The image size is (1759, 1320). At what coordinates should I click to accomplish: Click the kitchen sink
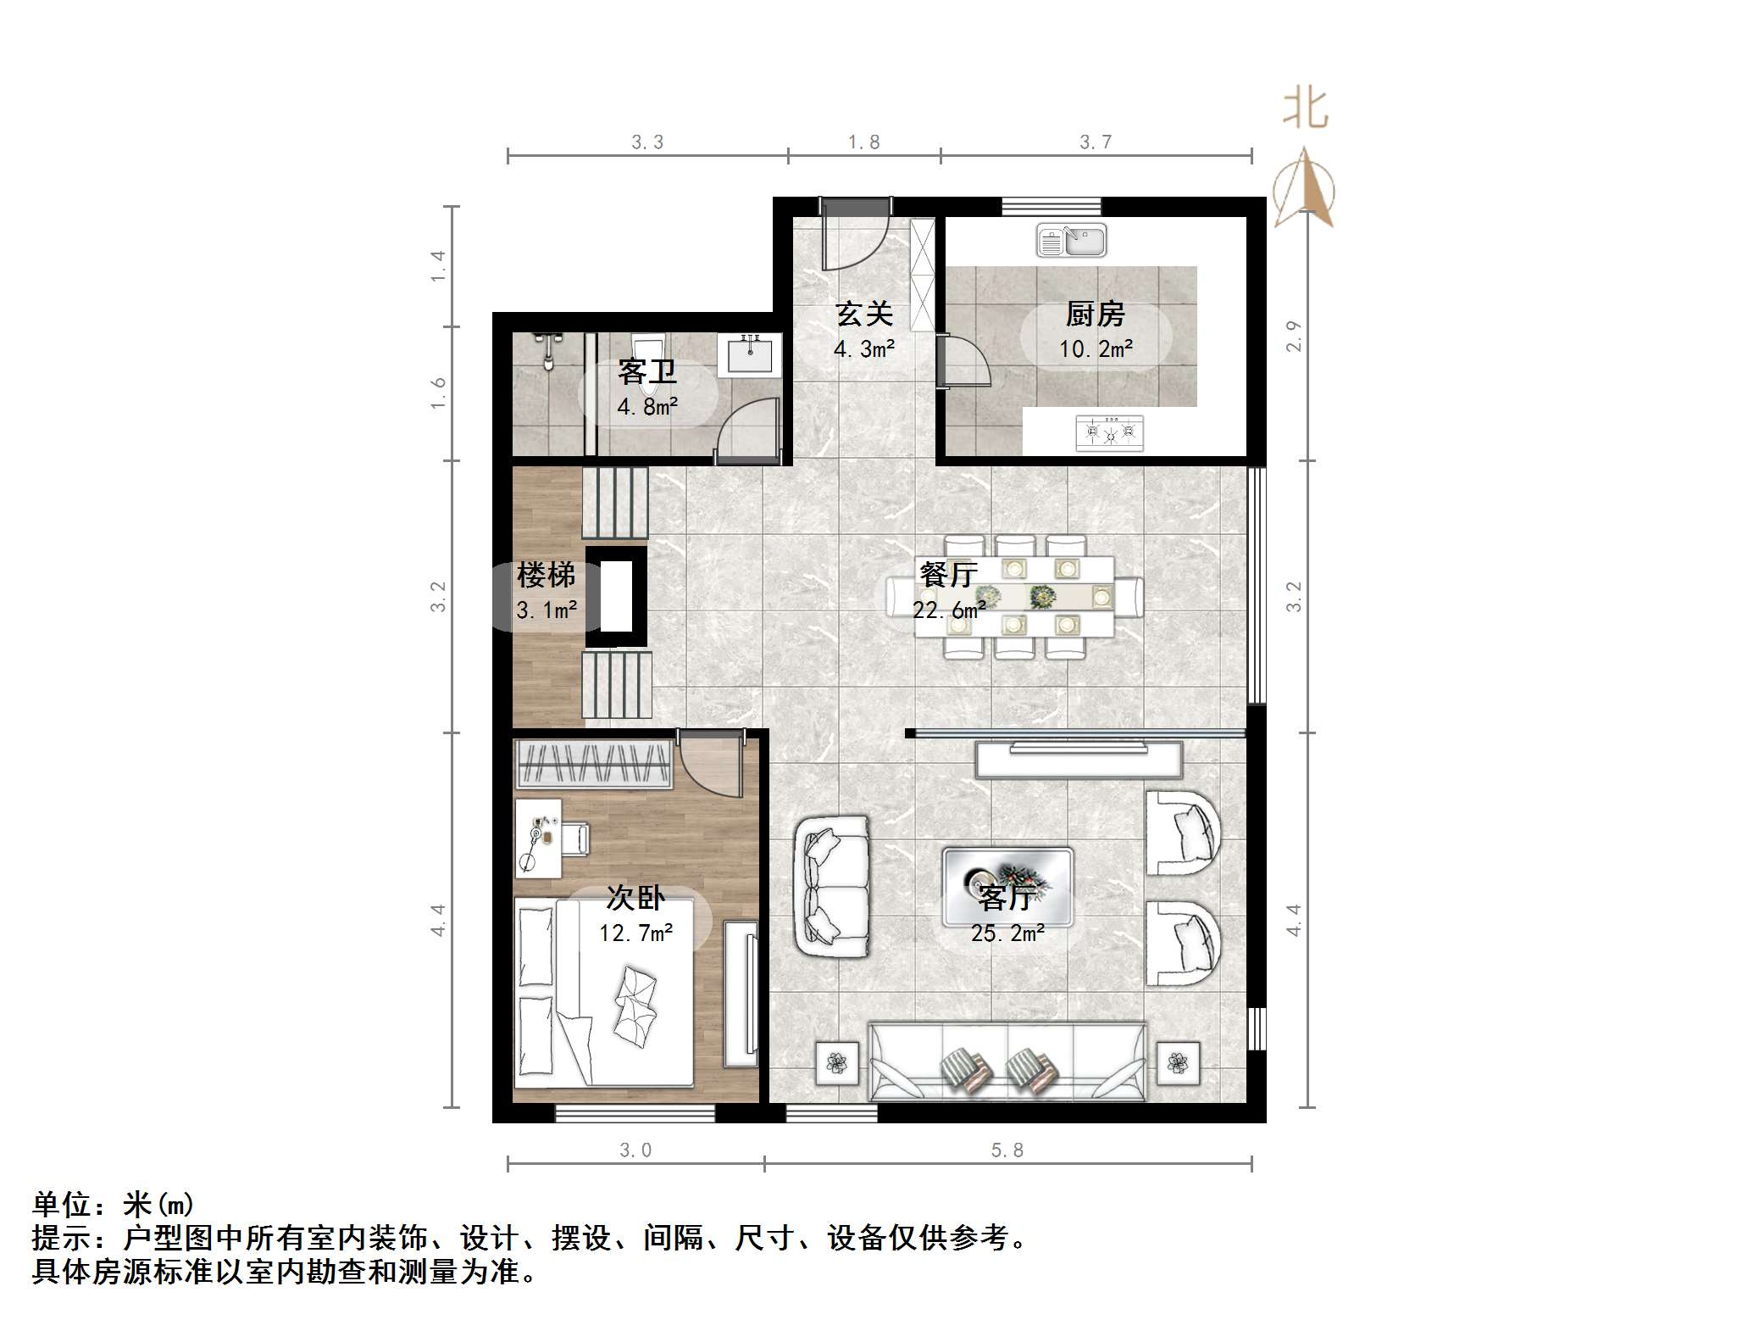pyautogui.click(x=1071, y=240)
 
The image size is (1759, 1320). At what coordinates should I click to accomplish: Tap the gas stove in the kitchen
pyautogui.click(x=1109, y=433)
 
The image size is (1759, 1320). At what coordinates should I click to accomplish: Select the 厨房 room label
pyautogui.click(x=1095, y=315)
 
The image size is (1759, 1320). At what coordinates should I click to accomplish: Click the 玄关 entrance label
pyautogui.click(x=864, y=315)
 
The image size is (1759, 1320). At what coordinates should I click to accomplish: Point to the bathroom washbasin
pyautogui.click(x=749, y=354)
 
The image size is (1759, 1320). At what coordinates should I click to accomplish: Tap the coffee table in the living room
pyautogui.click(x=1007, y=887)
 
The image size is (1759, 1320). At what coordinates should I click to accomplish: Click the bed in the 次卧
pyautogui.click(x=604, y=992)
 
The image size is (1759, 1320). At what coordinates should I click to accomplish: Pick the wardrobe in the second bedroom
pyautogui.click(x=593, y=763)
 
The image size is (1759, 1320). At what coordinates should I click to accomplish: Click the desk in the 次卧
pyautogui.click(x=538, y=838)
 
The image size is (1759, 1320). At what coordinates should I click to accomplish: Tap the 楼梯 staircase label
pyautogui.click(x=546, y=576)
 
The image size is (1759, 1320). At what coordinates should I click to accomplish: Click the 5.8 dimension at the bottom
pyautogui.click(x=1007, y=1150)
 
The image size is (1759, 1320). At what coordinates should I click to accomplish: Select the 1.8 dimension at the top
pyautogui.click(x=863, y=142)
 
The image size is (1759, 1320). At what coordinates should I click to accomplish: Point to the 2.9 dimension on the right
pyautogui.click(x=1294, y=336)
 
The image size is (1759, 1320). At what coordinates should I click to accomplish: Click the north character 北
pyautogui.click(x=1305, y=110)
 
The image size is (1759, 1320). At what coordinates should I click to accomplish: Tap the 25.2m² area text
pyautogui.click(x=1007, y=933)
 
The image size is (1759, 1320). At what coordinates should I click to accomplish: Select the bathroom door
pyautogui.click(x=746, y=432)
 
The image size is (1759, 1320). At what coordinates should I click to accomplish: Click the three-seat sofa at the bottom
pyautogui.click(x=1007, y=1062)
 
